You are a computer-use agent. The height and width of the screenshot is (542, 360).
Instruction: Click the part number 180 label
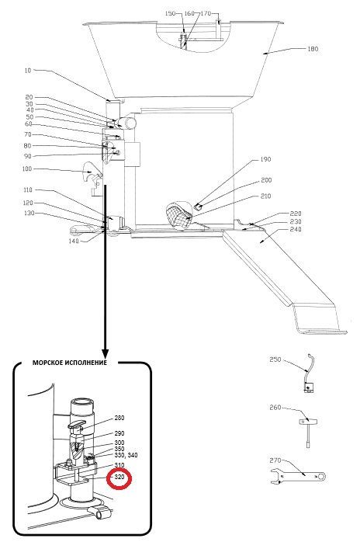click(x=313, y=49)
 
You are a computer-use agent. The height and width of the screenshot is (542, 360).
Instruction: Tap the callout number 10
click(x=28, y=71)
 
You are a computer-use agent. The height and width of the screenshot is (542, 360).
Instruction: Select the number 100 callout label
click(x=26, y=169)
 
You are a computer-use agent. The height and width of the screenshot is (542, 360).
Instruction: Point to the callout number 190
click(x=265, y=159)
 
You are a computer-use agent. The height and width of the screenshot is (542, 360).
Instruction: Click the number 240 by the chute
click(x=296, y=229)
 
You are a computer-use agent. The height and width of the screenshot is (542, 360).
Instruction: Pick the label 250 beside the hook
click(x=275, y=360)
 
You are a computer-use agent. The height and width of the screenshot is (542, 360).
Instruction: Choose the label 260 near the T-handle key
click(x=275, y=408)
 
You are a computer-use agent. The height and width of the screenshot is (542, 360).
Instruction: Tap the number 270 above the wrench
click(x=275, y=460)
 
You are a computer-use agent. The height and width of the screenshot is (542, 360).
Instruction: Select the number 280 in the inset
click(x=119, y=418)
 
